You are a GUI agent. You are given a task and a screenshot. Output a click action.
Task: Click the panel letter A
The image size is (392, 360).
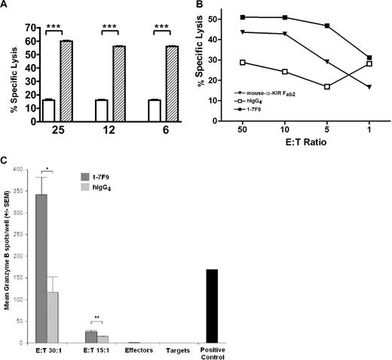(x=5, y=6)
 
